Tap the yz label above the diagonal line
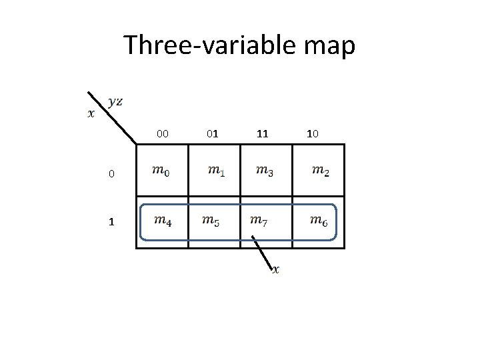(x=115, y=101)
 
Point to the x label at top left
(x=91, y=113)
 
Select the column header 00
(x=163, y=134)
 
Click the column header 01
(x=212, y=134)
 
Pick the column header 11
(x=263, y=134)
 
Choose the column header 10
(x=312, y=134)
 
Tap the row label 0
(x=112, y=175)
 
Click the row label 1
(x=112, y=222)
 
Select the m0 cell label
(x=161, y=171)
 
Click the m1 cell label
(x=216, y=171)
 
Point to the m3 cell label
(x=265, y=171)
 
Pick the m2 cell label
(x=320, y=171)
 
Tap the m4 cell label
(x=163, y=219)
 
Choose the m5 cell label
(x=211, y=219)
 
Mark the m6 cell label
(x=319, y=219)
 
